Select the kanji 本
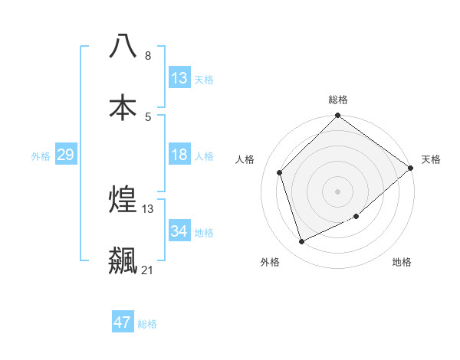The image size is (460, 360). click(123, 106)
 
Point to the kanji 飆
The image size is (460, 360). click(123, 260)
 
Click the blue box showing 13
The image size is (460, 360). click(179, 78)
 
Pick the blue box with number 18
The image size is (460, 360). click(179, 155)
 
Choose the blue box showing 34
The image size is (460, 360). click(179, 231)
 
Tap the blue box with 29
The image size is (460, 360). click(65, 155)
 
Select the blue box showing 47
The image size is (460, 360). click(123, 322)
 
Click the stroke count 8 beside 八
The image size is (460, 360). click(148, 56)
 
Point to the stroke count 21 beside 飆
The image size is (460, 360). click(147, 270)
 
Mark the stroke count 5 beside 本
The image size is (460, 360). click(148, 116)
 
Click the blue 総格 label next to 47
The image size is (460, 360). click(147, 324)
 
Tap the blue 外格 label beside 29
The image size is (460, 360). click(41, 156)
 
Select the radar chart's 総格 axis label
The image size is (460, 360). click(338, 100)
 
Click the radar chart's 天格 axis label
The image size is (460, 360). click(431, 159)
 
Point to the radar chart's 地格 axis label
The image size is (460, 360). click(402, 262)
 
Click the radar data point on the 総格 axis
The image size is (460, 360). click(338, 116)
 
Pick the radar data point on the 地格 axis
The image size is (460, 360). click(358, 218)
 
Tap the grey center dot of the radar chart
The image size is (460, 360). click(338, 191)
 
